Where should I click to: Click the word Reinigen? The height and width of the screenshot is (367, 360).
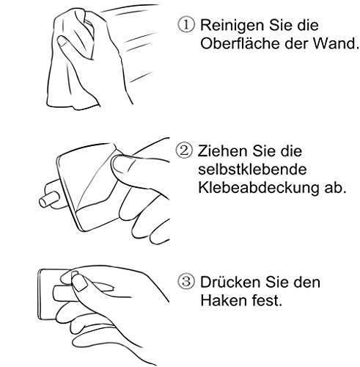click(x=228, y=23)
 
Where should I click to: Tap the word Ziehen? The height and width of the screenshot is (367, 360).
click(x=221, y=153)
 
